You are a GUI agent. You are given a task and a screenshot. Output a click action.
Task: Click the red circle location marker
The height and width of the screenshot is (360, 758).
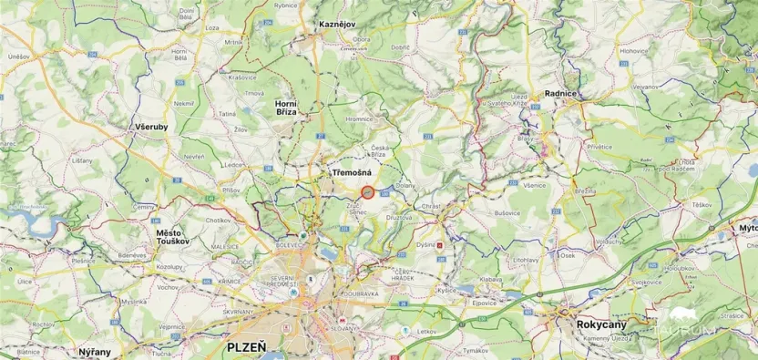[x=367, y=191]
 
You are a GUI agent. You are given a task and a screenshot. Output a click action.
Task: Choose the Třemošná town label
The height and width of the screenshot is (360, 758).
[x=350, y=171]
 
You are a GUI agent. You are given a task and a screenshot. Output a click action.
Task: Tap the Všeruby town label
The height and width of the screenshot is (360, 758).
[x=150, y=126]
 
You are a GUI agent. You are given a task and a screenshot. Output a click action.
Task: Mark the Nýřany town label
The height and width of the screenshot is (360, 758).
[x=95, y=352]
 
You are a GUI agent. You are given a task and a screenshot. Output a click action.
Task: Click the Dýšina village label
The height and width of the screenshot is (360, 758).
[x=425, y=244]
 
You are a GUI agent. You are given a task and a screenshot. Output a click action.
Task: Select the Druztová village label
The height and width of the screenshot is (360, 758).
[x=400, y=218]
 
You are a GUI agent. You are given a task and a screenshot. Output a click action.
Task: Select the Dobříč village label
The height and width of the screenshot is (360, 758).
[x=401, y=46]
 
